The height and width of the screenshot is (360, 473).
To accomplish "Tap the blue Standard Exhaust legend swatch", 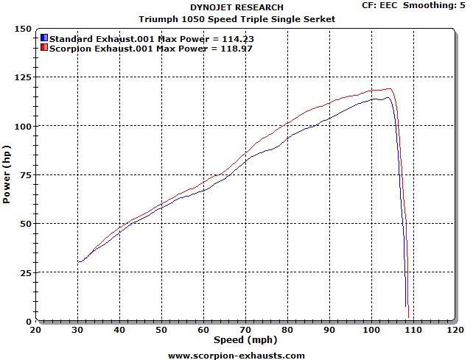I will [x=43, y=37].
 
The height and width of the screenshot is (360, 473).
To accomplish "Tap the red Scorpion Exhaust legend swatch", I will [x=43, y=47].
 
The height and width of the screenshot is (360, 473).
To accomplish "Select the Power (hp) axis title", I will [x=7, y=174].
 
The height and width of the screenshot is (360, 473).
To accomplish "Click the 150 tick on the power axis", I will [x=24, y=29].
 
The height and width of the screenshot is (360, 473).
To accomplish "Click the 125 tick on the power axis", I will [x=24, y=77].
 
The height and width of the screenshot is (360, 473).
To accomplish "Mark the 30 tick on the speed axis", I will [x=77, y=330].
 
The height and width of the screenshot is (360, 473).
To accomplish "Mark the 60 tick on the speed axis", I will [x=203, y=330].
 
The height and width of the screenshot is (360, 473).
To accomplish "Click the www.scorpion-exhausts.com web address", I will [x=236, y=355].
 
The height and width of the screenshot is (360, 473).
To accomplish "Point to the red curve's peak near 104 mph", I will [x=389, y=88].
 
